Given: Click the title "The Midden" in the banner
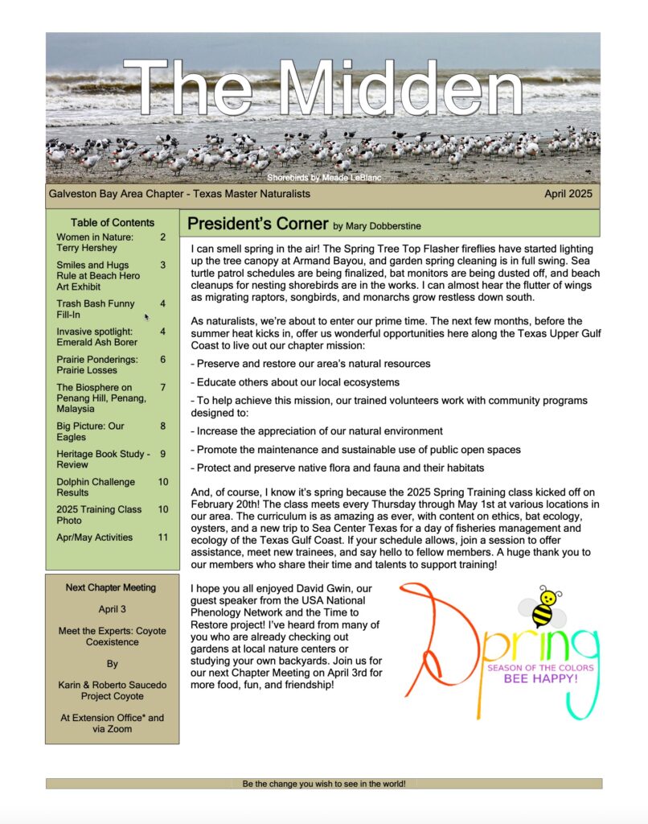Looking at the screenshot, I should pyautogui.click(x=323, y=89).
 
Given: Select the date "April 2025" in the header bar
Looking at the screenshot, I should pyautogui.click(x=568, y=194).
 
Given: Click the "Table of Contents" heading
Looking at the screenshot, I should pyautogui.click(x=113, y=222).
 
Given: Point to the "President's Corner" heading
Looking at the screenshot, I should pyautogui.click(x=257, y=224).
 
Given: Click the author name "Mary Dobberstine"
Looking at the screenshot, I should pyautogui.click(x=388, y=226).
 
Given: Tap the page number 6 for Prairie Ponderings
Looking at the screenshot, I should pyautogui.click(x=163, y=360).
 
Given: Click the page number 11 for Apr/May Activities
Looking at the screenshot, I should pyautogui.click(x=163, y=537).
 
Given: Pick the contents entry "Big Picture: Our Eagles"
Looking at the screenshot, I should pyautogui.click(x=90, y=431).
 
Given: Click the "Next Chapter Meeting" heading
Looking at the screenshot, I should pyautogui.click(x=113, y=587).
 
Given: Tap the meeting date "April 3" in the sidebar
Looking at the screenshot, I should pyautogui.click(x=113, y=610).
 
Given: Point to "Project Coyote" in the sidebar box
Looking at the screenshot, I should pyautogui.click(x=113, y=696).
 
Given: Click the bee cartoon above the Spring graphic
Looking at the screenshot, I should pyautogui.click(x=548, y=607).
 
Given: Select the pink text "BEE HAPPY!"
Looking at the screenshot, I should pyautogui.click(x=540, y=678).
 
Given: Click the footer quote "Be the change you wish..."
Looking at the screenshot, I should pyautogui.click(x=324, y=783).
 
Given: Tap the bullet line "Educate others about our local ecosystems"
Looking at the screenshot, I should pyautogui.click(x=295, y=382).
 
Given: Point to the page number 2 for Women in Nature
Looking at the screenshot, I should pyautogui.click(x=163, y=237).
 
